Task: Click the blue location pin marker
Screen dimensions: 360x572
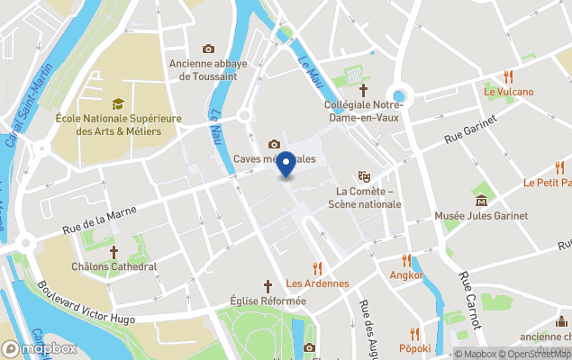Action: pyautogui.click(x=286, y=165)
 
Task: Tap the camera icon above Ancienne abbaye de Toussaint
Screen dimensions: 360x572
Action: pyautogui.click(x=209, y=49)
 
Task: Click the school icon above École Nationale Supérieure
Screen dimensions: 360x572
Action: pyautogui.click(x=117, y=104)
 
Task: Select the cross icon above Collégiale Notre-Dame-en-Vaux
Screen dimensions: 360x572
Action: pyautogui.click(x=364, y=90)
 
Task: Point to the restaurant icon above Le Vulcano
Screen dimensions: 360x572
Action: pyautogui.click(x=509, y=76)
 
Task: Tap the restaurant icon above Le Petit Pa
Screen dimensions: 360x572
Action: pyautogui.click(x=559, y=167)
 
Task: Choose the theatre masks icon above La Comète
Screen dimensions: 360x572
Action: pyautogui.click(x=364, y=176)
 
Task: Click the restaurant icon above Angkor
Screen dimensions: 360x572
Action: pyautogui.click(x=406, y=260)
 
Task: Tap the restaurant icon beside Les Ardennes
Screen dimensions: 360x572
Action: pyautogui.click(x=316, y=268)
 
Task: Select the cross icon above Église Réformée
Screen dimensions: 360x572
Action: pyautogui.click(x=268, y=284)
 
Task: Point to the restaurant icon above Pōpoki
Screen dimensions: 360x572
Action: pyautogui.click(x=414, y=333)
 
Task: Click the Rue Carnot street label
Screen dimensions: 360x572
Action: pyautogui.click(x=469, y=302)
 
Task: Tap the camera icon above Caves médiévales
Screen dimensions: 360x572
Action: pyautogui.click(x=274, y=144)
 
